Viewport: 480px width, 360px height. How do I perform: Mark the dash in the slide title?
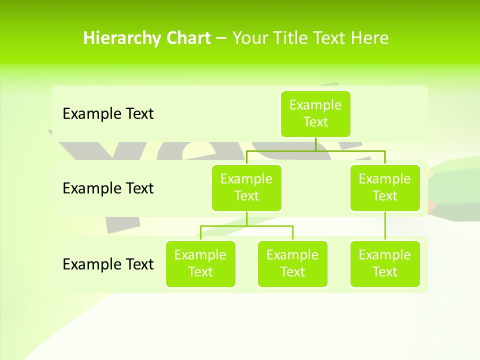pos(221,38)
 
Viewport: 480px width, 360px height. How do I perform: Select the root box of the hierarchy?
pos(315,114)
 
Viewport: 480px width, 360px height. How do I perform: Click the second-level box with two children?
pos(246,188)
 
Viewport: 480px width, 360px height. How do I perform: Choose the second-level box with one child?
pos(385,188)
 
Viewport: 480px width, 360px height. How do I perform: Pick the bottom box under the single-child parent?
pos(385,264)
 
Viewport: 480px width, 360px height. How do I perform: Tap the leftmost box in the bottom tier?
pos(200,264)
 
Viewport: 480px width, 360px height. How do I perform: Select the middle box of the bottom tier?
pos(292,264)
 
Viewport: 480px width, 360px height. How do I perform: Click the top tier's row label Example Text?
pos(108,114)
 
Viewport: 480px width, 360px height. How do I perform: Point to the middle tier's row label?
pos(108,188)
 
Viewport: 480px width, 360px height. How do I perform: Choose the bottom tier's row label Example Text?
pos(108,264)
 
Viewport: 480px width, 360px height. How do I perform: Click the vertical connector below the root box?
pos(315,144)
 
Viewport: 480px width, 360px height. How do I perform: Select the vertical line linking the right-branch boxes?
pos(385,226)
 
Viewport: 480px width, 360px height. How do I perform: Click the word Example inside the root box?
pos(315,105)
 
